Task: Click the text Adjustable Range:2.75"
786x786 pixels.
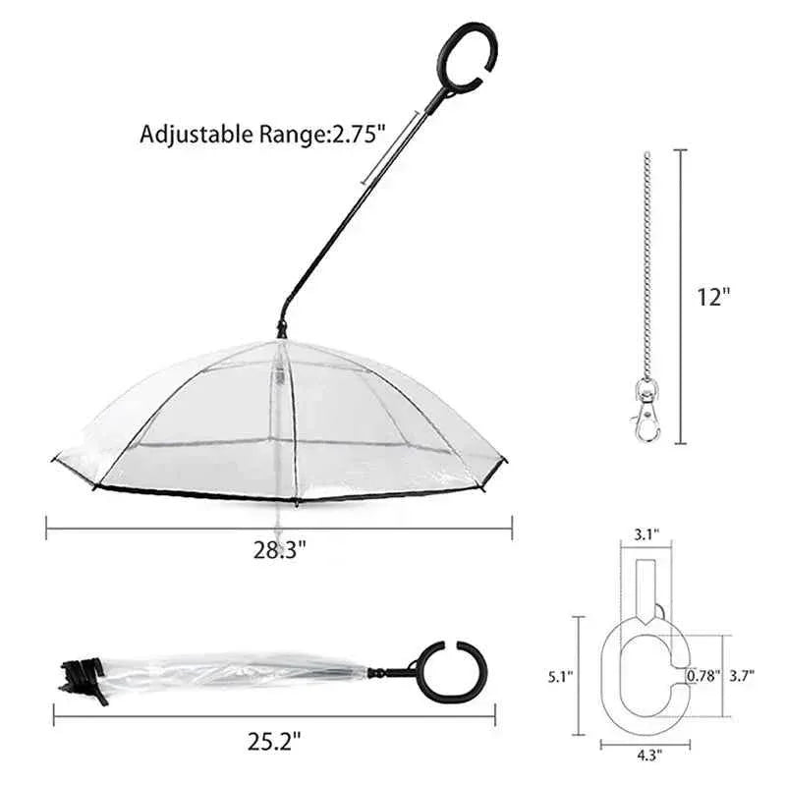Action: (x=258, y=134)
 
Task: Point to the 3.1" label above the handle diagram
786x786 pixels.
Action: (x=646, y=534)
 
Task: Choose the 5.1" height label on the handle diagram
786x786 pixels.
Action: (x=560, y=676)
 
